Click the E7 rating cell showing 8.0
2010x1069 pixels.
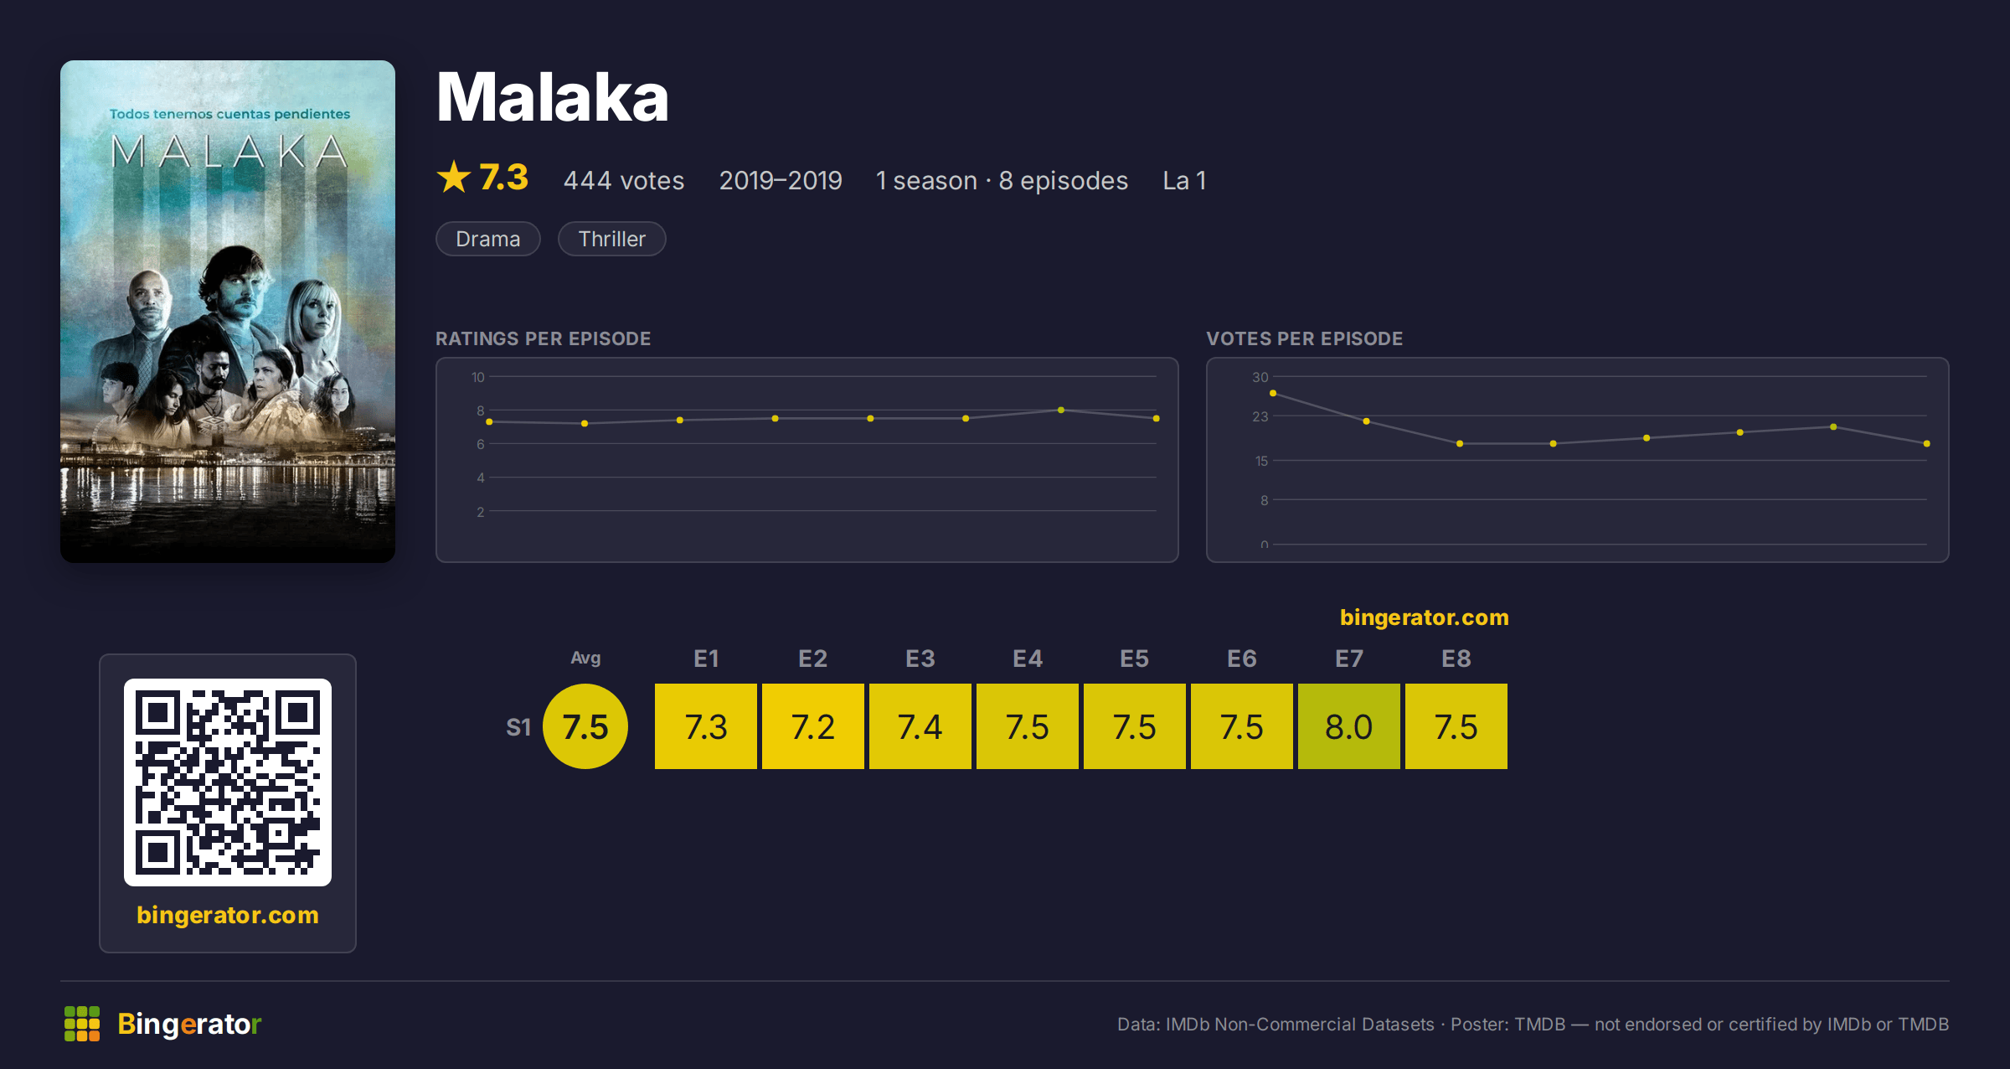[1348, 726]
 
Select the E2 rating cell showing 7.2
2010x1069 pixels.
[812, 726]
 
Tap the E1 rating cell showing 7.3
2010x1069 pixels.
[705, 726]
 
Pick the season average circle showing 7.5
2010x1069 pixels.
[585, 726]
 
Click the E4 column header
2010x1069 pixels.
[1028, 658]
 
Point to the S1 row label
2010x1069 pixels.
[518, 727]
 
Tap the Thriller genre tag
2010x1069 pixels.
[611, 239]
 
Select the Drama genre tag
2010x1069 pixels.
[488, 239]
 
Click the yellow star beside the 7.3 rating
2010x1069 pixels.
[454, 177]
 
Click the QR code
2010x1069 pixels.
[228, 782]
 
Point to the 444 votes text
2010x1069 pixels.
[624, 180]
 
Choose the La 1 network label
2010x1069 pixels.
[1184, 180]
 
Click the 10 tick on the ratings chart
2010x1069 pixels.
[477, 377]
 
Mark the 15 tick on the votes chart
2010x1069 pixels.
[1261, 461]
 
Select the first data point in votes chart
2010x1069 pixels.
[1273, 393]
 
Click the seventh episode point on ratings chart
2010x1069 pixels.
[1061, 410]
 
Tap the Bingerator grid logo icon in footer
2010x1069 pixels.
[82, 1024]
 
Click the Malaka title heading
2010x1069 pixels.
[553, 97]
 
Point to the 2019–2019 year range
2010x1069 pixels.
[781, 180]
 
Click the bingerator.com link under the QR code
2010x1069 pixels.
[228, 915]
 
